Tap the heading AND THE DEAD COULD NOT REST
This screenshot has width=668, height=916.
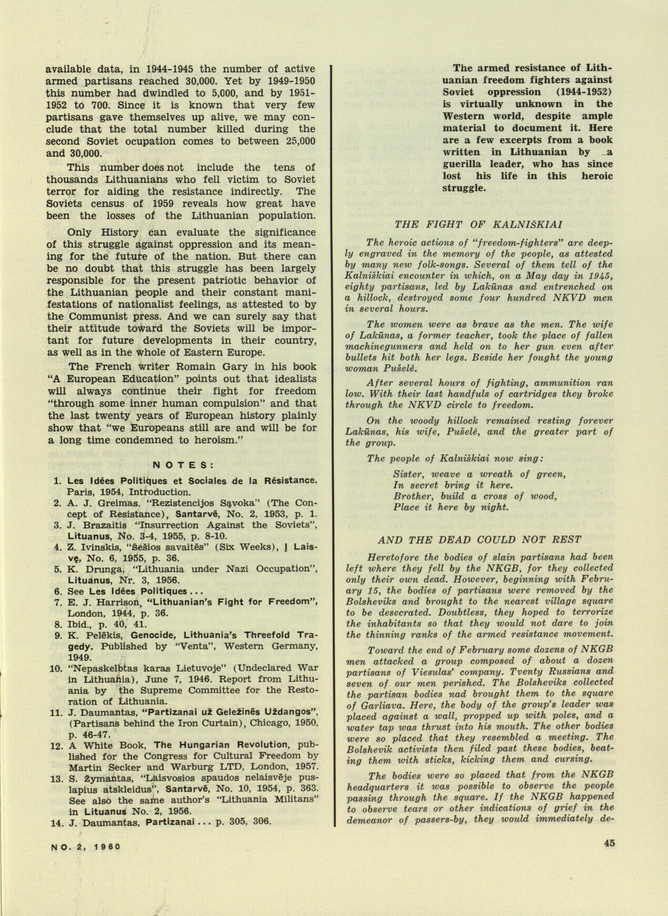pyautogui.click(x=479, y=540)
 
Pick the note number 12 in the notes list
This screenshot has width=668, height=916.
pyautogui.click(x=55, y=745)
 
